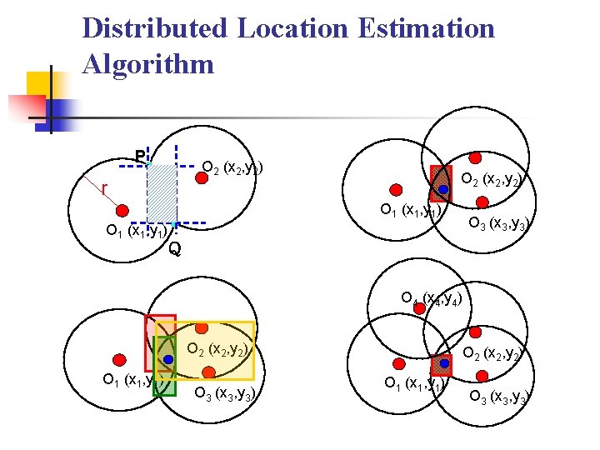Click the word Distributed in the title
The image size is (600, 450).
154,28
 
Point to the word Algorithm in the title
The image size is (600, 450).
148,64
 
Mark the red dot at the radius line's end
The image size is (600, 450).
122,209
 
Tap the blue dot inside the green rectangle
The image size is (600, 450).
167,359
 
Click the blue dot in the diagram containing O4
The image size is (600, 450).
445,364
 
